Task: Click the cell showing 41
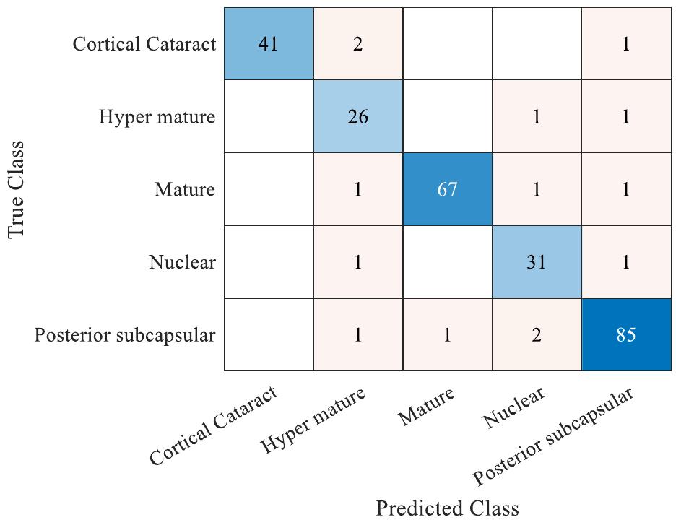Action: click(268, 44)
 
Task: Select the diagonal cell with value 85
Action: click(626, 335)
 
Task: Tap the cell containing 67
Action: click(447, 189)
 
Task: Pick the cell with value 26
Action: click(357, 117)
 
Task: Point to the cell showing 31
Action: click(537, 262)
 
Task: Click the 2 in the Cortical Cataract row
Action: click(357, 44)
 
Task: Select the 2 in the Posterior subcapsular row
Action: click(537, 335)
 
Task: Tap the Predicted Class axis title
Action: click(447, 508)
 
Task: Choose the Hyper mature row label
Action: click(157, 117)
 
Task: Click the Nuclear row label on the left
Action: click(182, 262)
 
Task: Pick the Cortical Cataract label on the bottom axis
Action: click(214, 426)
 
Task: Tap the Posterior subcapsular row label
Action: click(125, 335)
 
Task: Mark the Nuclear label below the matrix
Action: click(514, 408)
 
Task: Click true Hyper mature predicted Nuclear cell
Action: click(537, 117)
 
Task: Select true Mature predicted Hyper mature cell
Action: click(357, 189)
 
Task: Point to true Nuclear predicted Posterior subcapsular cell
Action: click(626, 262)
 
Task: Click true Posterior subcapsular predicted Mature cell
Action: click(447, 335)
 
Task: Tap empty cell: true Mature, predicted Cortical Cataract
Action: click(268, 189)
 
